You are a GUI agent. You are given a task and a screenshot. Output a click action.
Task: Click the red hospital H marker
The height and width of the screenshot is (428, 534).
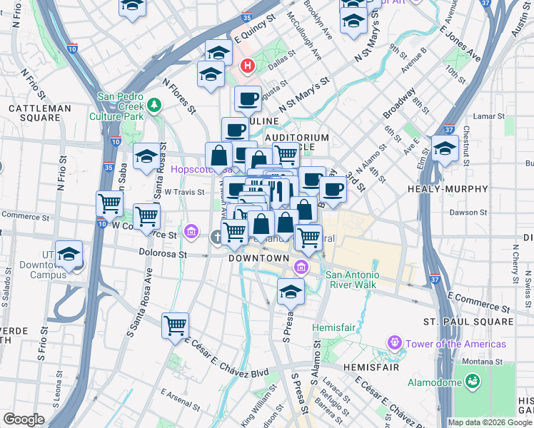point(248,66)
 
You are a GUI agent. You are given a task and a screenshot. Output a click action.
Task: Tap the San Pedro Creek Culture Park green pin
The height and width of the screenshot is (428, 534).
point(154,106)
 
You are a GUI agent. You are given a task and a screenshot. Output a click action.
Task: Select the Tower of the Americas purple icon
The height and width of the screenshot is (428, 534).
point(394,344)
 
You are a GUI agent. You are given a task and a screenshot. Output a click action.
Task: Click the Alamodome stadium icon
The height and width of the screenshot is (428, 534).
point(472,382)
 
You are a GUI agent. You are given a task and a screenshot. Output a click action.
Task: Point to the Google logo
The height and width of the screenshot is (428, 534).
point(24,419)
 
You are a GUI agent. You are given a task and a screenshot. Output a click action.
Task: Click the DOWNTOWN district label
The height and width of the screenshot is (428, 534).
point(258,258)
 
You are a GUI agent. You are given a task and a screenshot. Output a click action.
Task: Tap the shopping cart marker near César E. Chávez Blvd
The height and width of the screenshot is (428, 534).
point(175,326)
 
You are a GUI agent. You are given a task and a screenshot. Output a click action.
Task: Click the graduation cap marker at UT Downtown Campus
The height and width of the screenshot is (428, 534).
point(69,255)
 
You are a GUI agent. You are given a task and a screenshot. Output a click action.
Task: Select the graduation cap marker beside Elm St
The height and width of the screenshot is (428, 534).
point(445,149)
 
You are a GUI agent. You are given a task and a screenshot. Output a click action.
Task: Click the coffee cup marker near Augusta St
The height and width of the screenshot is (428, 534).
point(248,99)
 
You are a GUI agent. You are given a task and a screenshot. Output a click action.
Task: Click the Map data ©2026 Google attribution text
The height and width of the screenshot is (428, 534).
point(489,422)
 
